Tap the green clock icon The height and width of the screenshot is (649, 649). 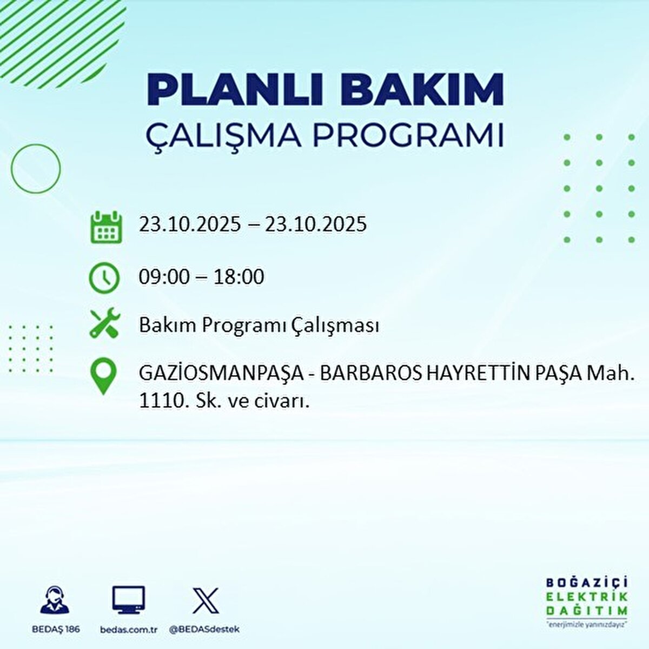coord(104,277)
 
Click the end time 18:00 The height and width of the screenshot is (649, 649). coord(239,277)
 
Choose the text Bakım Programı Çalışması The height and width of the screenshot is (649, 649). coord(259,326)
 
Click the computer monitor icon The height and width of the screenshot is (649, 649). coord(129,601)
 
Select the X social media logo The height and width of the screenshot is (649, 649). coord(206,600)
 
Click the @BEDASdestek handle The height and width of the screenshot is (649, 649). coord(204,630)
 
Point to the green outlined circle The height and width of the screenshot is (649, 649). coord(36,169)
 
